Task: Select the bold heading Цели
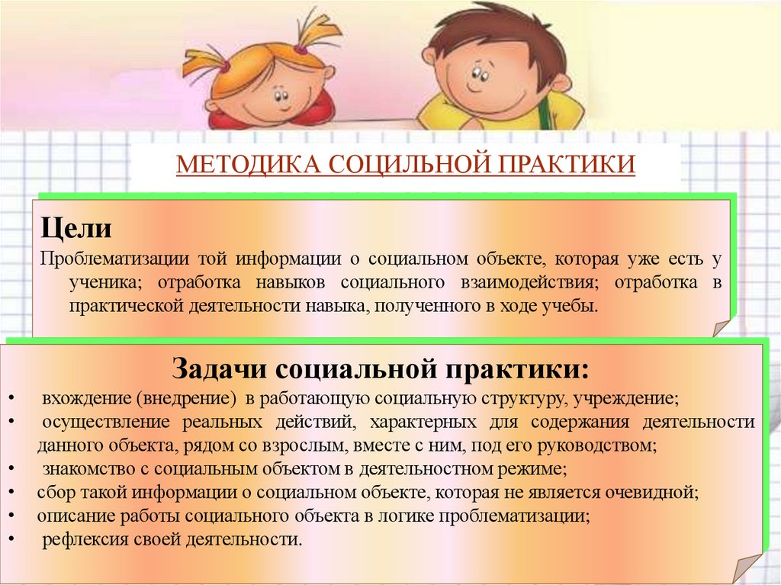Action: click(x=76, y=227)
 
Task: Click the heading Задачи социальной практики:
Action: click(x=381, y=369)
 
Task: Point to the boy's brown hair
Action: click(x=488, y=31)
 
